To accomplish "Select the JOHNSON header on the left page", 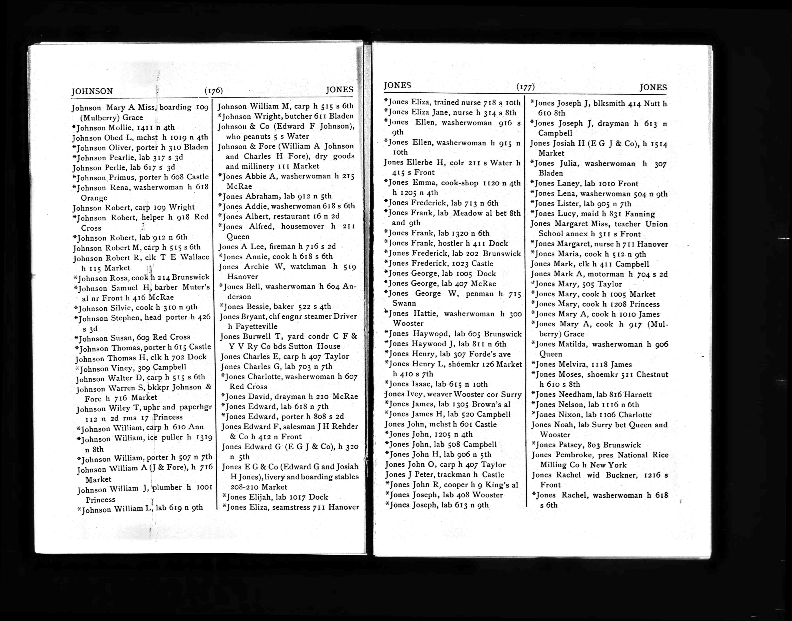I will tap(92, 91).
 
